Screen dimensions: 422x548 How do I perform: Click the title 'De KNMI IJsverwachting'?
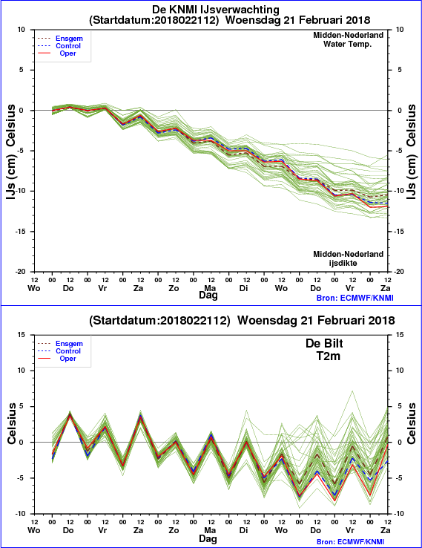215,9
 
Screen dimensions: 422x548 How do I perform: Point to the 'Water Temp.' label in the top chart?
347,44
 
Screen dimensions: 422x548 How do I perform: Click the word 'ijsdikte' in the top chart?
343,263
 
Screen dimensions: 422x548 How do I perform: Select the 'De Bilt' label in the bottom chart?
324,343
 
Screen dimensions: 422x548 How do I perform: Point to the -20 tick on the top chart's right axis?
398,272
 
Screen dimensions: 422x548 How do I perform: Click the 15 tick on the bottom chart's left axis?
22,334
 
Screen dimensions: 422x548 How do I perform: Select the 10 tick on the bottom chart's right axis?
400,371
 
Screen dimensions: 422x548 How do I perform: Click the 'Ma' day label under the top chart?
210,288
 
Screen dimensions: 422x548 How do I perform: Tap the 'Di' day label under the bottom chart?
244,530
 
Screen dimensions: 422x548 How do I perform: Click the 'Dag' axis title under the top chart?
208,296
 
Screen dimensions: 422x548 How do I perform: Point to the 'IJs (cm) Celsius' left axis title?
11,151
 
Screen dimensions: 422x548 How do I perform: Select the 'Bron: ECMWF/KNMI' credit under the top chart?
355,298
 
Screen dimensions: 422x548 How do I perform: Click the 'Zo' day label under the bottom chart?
174,530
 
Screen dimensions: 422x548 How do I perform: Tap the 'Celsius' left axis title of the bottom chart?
12,423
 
